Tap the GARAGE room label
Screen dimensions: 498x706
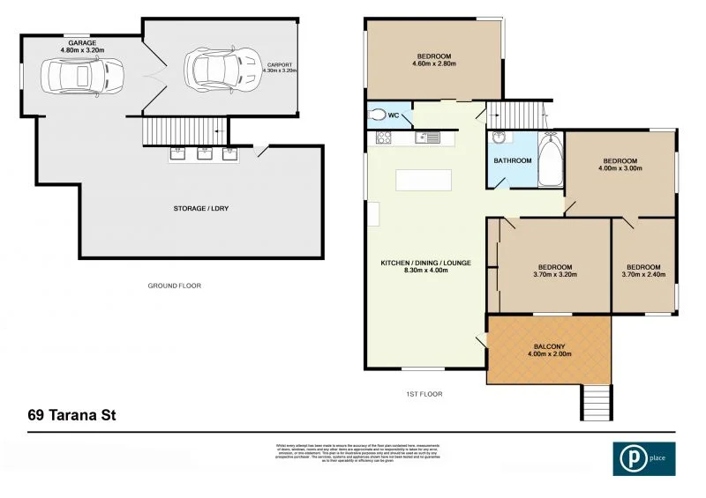tap(82, 41)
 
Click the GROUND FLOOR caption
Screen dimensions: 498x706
tap(175, 286)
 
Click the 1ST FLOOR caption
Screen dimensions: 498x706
tap(424, 394)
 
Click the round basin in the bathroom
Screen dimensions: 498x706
tap(499, 138)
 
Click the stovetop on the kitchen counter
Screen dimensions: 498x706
tap(385, 138)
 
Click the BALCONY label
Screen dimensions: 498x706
tap(550, 346)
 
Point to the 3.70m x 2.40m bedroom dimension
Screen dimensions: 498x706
tap(643, 274)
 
